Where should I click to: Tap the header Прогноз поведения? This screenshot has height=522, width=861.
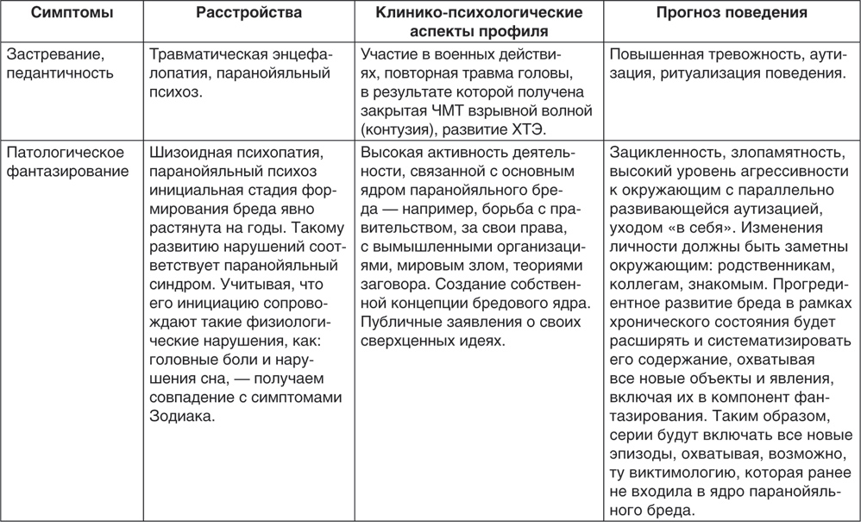(x=731, y=14)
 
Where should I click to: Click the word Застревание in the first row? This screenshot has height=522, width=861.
(x=50, y=54)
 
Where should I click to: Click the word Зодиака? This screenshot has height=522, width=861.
(x=181, y=416)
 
